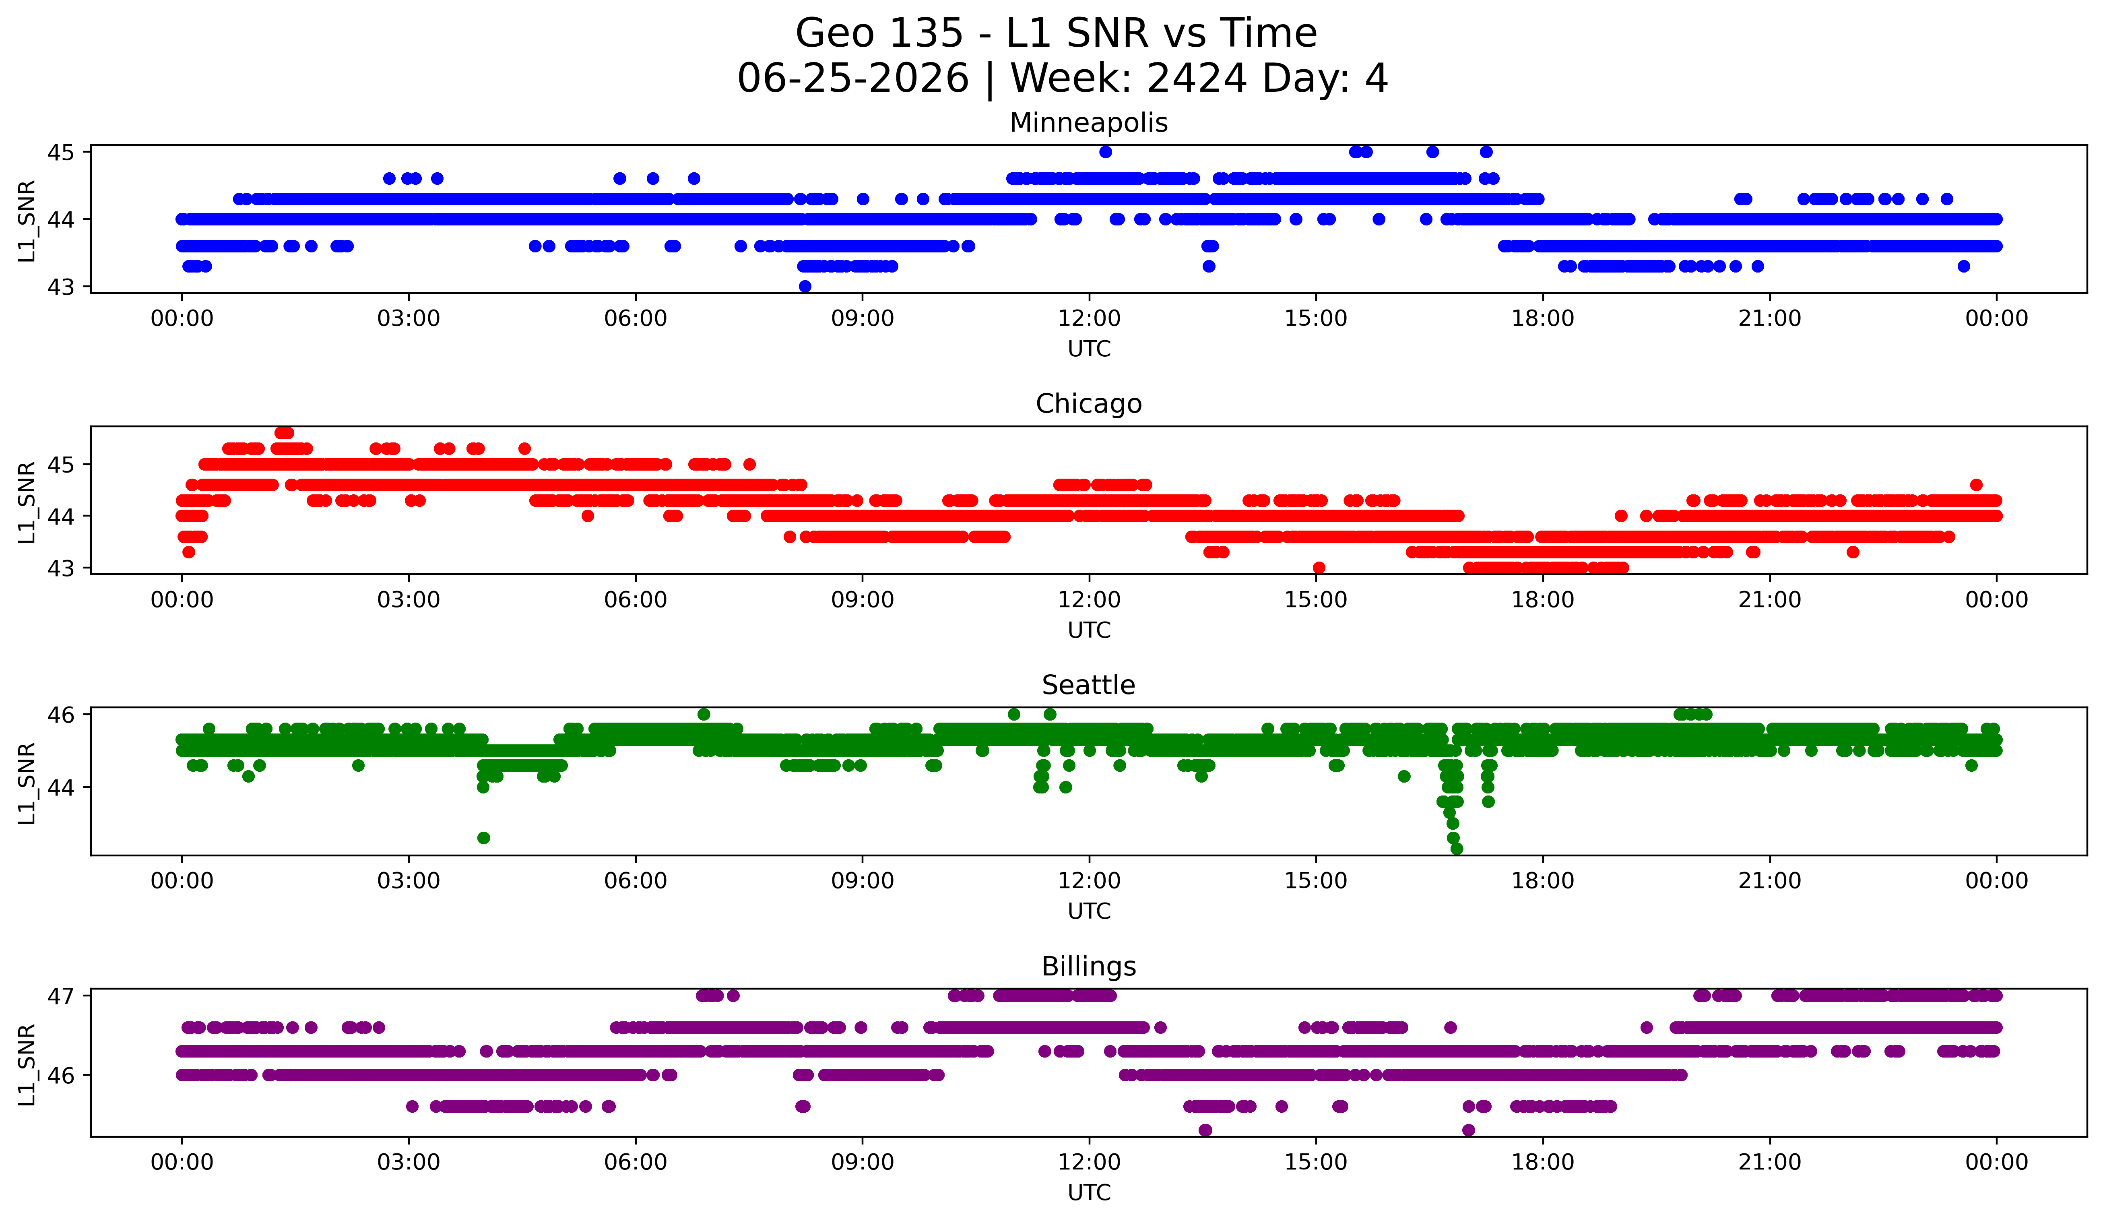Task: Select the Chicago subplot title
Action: (x=1088, y=404)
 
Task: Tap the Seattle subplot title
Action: (x=1088, y=685)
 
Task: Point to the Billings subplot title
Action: (x=1088, y=967)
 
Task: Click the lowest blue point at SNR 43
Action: (x=805, y=286)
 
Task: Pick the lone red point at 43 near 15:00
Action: (x=1319, y=568)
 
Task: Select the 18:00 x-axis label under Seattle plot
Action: (x=1542, y=881)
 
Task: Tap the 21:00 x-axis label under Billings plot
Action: (x=1769, y=1163)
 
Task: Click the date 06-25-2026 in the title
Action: (x=853, y=79)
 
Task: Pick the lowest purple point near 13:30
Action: (x=1205, y=1130)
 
